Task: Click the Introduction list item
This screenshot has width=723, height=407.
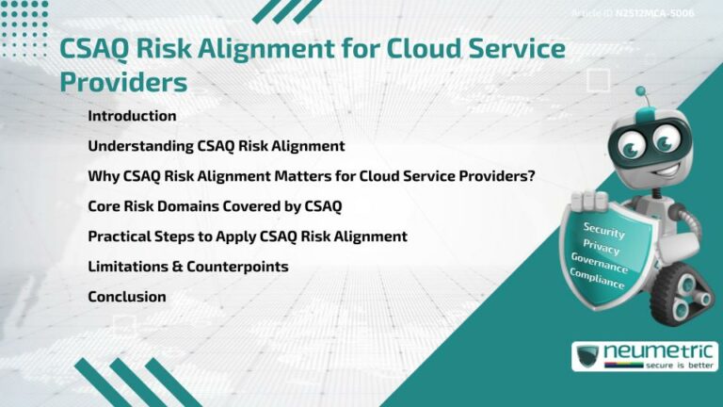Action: coord(132,116)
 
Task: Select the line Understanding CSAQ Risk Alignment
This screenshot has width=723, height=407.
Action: coord(216,146)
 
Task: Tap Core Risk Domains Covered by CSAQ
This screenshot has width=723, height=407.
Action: coord(214,206)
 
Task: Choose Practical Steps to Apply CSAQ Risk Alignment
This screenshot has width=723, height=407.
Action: coord(247,236)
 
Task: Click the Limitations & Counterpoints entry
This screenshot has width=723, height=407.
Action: coord(187,267)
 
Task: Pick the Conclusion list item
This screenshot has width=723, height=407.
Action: coord(127,297)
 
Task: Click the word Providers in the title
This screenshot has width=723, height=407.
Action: coord(123,82)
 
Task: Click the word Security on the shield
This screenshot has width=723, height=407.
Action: coord(603,229)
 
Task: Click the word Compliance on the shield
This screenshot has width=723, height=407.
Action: coord(597,280)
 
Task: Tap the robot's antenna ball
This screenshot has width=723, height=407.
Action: coord(640,91)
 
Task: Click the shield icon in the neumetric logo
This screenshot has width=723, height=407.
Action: coord(587,357)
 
